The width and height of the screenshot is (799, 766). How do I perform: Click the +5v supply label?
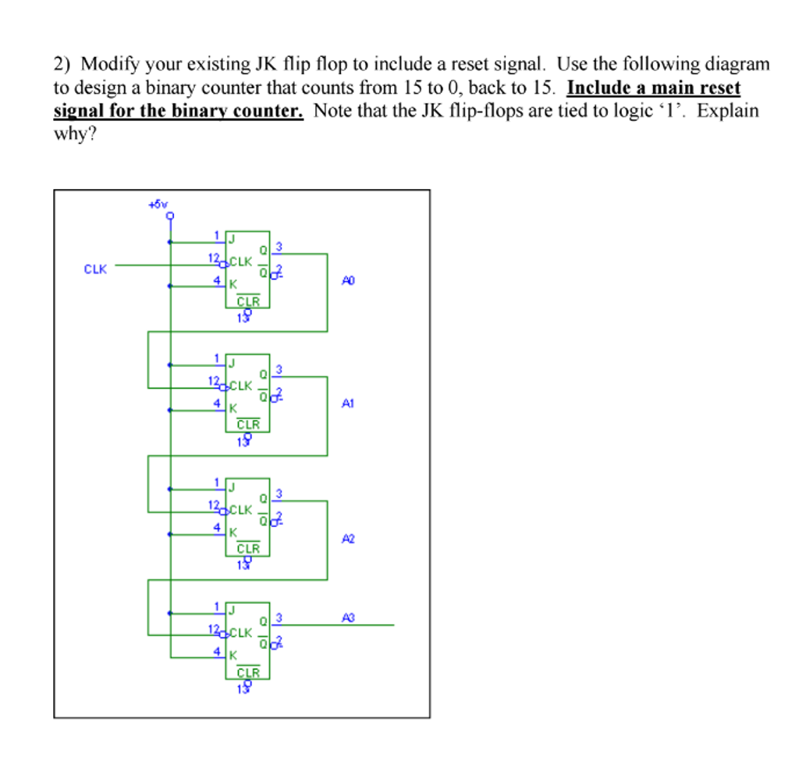(x=158, y=205)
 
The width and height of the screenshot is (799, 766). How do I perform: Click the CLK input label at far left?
(x=94, y=269)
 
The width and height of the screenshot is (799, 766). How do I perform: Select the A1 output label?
(x=348, y=404)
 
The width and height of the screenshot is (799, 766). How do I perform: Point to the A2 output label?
(x=348, y=539)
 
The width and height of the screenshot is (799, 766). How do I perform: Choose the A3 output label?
(x=348, y=618)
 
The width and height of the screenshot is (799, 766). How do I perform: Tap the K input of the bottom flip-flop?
(x=232, y=655)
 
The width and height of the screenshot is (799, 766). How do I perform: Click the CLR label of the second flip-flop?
(x=248, y=425)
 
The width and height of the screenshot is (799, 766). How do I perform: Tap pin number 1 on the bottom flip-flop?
(x=217, y=606)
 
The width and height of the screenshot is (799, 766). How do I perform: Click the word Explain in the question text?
(x=727, y=110)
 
